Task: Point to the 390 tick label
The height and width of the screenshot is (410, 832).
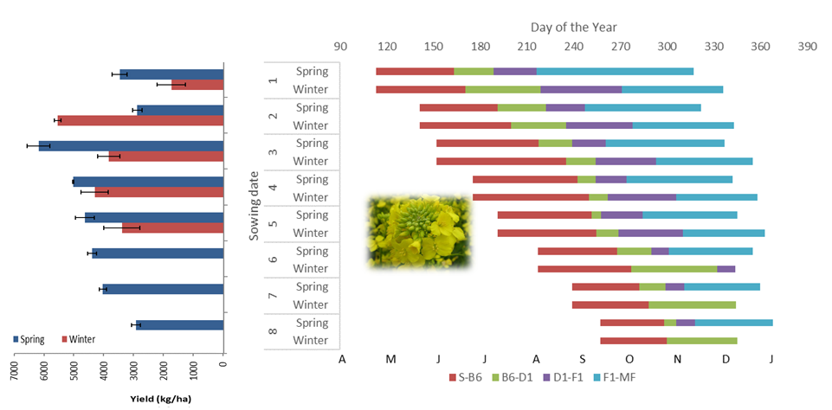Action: (x=807, y=46)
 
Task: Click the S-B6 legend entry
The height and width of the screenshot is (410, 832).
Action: (x=466, y=377)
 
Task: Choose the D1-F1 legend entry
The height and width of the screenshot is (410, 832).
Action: (x=567, y=377)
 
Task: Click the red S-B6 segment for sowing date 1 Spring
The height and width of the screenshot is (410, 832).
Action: (x=415, y=71)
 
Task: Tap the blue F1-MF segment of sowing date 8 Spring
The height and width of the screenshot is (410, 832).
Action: (x=733, y=323)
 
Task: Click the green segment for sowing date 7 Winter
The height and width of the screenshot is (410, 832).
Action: (x=692, y=304)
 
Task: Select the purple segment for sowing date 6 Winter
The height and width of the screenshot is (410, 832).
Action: (x=726, y=269)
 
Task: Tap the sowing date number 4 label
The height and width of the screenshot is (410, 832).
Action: (x=274, y=189)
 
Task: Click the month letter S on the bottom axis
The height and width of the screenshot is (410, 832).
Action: (x=583, y=359)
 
